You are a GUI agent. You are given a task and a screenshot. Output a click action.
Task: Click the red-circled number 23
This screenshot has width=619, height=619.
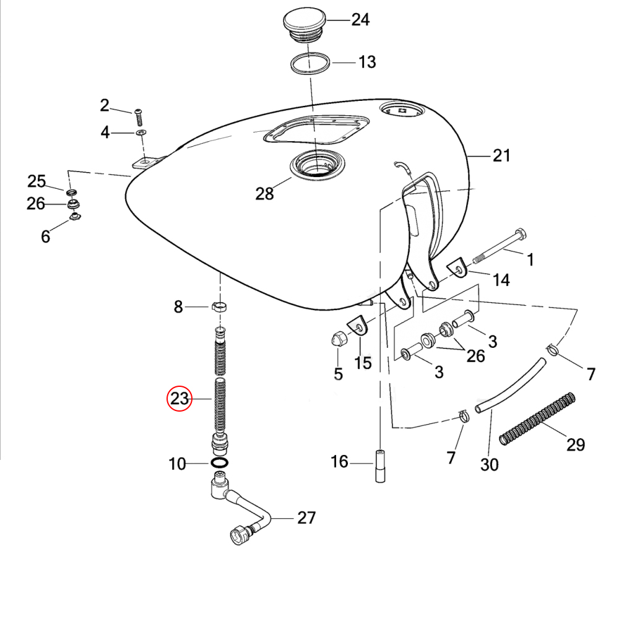pos(179,398)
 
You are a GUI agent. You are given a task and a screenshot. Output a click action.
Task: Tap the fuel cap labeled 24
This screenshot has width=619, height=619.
pos(305,24)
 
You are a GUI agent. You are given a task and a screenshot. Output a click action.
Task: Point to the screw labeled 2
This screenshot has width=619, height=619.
pos(139,117)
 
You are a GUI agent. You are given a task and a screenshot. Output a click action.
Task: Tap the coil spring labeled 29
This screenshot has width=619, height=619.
pos(537,419)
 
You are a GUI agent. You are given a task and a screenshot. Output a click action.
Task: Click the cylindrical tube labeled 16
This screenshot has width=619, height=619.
pos(380,466)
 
